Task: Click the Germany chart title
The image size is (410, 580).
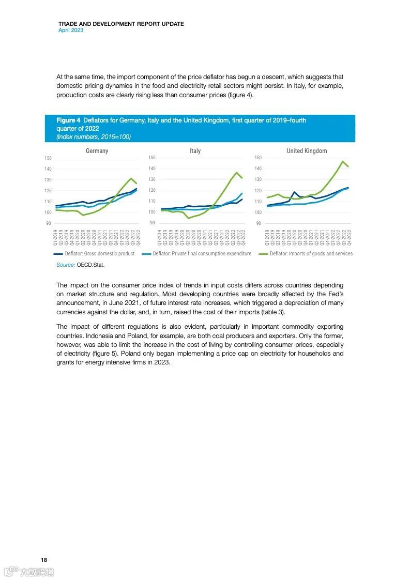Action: (x=97, y=151)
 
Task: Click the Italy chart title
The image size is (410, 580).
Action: (x=195, y=151)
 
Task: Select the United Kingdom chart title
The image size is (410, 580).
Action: (x=307, y=151)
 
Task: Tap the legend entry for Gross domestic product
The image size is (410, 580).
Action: (x=94, y=254)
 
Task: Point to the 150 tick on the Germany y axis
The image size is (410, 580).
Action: (x=48, y=158)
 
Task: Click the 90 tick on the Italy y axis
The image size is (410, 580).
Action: (x=153, y=223)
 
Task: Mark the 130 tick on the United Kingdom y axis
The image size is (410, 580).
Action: (x=258, y=179)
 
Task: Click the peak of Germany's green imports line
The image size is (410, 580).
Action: (x=131, y=178)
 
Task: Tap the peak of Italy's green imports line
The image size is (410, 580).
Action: (x=237, y=172)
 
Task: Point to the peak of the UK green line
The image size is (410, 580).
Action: (x=342, y=161)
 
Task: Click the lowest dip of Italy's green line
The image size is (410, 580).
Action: (x=189, y=218)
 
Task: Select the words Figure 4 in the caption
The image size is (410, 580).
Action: (x=68, y=120)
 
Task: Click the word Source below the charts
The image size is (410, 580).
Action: (x=65, y=265)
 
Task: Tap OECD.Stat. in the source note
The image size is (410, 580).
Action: (x=90, y=265)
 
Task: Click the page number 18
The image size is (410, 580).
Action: (x=44, y=560)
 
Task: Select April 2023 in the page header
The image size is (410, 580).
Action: (x=71, y=30)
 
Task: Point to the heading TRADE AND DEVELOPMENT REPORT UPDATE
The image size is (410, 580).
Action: (x=121, y=24)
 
